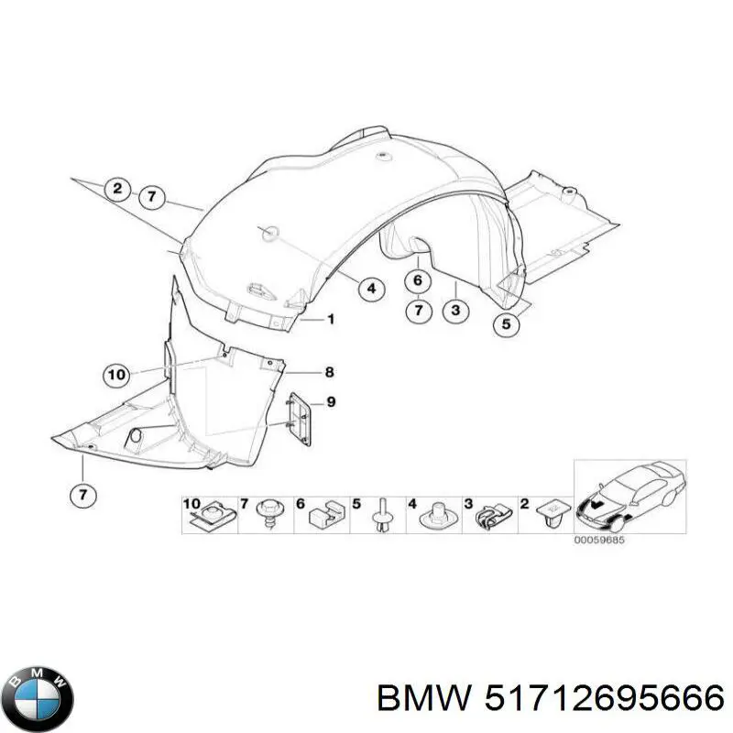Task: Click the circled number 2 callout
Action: click(x=117, y=190)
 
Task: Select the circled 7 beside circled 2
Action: click(x=151, y=194)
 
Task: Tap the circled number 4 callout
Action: click(x=370, y=290)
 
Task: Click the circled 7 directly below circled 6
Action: click(x=418, y=312)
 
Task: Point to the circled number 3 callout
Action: click(x=455, y=312)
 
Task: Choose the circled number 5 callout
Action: click(x=505, y=323)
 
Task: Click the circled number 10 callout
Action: click(x=115, y=374)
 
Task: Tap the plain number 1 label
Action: click(x=331, y=319)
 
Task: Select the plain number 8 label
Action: click(x=330, y=372)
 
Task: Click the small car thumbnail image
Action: click(x=629, y=496)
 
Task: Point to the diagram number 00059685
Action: click(x=599, y=540)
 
